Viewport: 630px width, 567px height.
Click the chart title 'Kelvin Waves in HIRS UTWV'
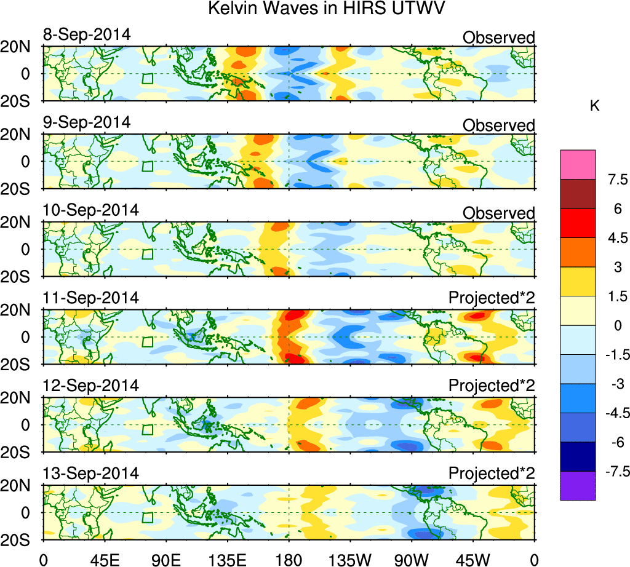pos(326,9)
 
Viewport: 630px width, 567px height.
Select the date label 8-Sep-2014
pos(87,34)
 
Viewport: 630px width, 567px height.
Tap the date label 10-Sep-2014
pos(91,210)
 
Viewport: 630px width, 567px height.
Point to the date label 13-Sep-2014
pos(91,473)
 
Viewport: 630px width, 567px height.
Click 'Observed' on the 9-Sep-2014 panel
pos(499,125)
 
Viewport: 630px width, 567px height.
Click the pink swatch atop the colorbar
pos(578,164)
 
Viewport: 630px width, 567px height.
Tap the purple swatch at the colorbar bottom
pos(578,486)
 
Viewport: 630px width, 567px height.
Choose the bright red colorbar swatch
pos(578,223)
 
